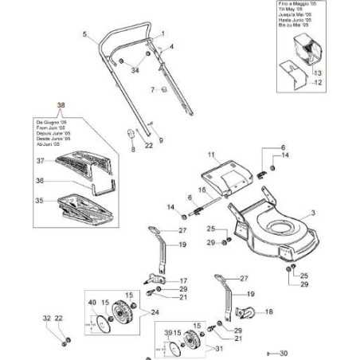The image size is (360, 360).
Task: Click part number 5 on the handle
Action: point(84,33)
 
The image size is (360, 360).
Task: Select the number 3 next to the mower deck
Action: point(313,212)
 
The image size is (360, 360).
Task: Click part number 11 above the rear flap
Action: point(212,153)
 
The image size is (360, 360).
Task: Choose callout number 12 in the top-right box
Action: point(317,82)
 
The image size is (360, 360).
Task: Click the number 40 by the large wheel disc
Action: point(91,303)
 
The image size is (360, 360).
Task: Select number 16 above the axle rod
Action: point(202,189)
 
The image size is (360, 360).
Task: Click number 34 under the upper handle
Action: point(135,71)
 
